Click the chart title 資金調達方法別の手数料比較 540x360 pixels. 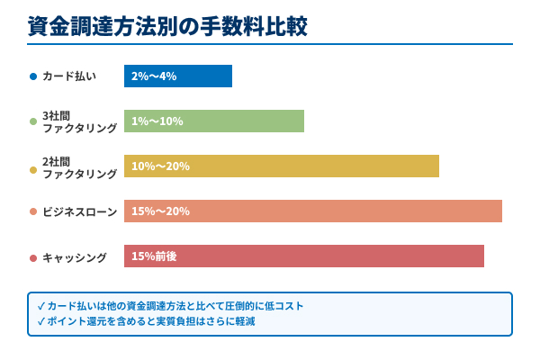(x=167, y=26)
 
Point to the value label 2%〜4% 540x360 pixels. (x=153, y=76)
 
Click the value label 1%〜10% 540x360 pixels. (x=157, y=121)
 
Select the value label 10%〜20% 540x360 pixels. (x=160, y=166)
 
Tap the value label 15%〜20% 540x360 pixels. (x=160, y=211)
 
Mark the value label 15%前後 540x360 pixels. (x=154, y=256)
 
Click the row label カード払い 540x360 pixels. (x=69, y=76)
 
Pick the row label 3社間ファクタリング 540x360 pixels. (x=79, y=121)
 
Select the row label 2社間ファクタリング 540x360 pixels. (x=79, y=166)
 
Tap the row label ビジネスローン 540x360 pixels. (x=79, y=212)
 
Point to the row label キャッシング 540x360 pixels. (x=75, y=257)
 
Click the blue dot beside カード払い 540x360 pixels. (x=33, y=76)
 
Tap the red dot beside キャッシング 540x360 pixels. (x=33, y=258)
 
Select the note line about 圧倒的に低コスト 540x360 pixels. (x=170, y=306)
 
